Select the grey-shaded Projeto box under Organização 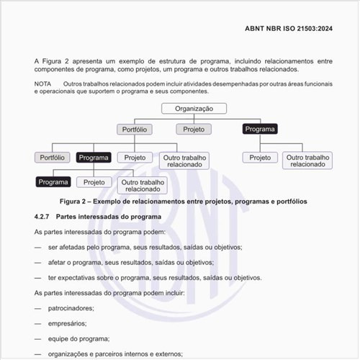193,129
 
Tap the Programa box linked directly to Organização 260,129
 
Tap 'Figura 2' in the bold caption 78,202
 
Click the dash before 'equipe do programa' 37,338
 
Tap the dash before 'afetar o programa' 37,262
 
